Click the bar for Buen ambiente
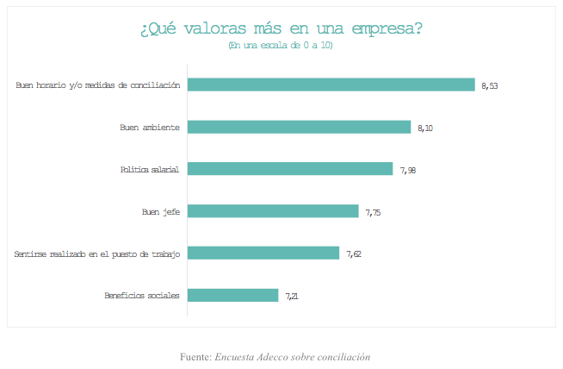click(x=299, y=127)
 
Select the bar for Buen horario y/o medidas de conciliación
click(x=331, y=84)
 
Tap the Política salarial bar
click(x=290, y=169)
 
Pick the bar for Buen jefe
click(x=273, y=211)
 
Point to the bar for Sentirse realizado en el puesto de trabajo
click(x=263, y=253)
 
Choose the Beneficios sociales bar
click(x=232, y=295)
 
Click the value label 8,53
click(x=490, y=85)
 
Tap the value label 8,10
click(x=425, y=128)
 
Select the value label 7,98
click(x=408, y=170)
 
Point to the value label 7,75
click(x=373, y=212)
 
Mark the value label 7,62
click(x=354, y=253)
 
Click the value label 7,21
click(x=293, y=296)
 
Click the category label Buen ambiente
click(x=149, y=128)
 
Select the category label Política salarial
click(x=149, y=169)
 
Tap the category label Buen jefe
click(x=160, y=211)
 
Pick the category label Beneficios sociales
click(x=142, y=295)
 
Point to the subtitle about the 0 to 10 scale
click(x=281, y=45)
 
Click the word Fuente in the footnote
click(x=195, y=356)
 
